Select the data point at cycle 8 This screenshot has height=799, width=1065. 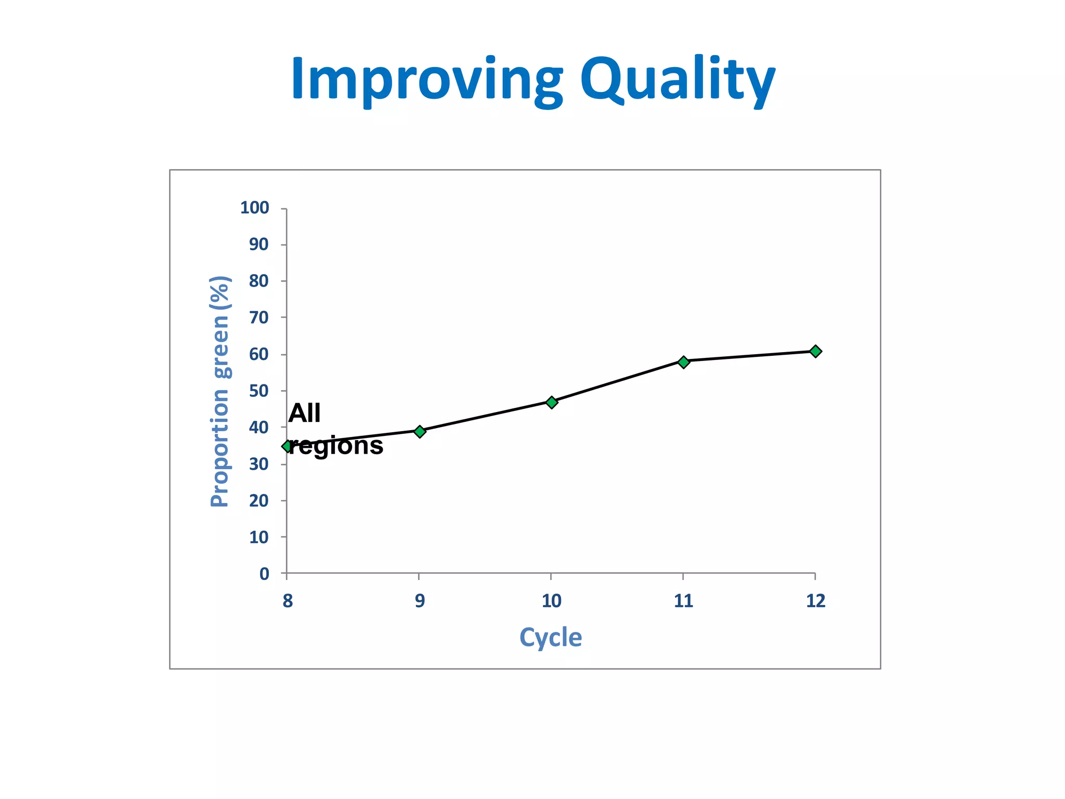coord(288,446)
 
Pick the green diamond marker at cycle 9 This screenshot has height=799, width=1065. coord(420,431)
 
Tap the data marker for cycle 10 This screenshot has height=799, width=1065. coord(552,402)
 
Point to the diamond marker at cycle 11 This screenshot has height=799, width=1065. coord(684,362)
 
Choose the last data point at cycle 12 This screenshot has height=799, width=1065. coord(815,352)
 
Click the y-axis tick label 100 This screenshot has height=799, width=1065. coord(254,208)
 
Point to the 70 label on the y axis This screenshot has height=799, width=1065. coord(258,317)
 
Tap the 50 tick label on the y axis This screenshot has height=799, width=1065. coord(258,391)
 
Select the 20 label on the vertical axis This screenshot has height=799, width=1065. coord(258,500)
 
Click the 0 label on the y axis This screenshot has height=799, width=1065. coord(264,574)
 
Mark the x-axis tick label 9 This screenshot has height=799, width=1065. coord(420,601)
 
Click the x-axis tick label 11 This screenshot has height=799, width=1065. coord(683,601)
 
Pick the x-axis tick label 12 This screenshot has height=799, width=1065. coord(815,601)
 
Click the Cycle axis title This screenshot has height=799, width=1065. coord(551,637)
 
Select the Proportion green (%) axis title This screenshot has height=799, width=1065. coord(220,391)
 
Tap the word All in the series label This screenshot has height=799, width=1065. coord(304,414)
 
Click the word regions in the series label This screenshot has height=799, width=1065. coord(336,446)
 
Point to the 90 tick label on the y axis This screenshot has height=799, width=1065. coord(258,244)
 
